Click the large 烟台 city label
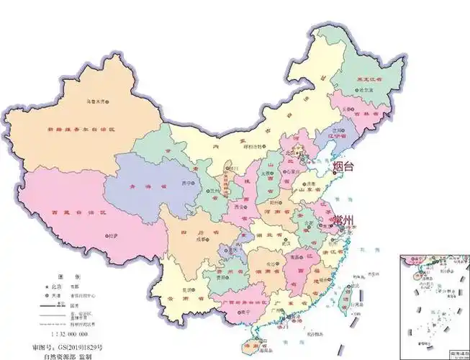344,166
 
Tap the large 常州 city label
344,218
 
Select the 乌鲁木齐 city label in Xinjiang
96,102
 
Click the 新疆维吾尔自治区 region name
81,130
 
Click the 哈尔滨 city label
367,91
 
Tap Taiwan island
350,295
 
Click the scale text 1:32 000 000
69,335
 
